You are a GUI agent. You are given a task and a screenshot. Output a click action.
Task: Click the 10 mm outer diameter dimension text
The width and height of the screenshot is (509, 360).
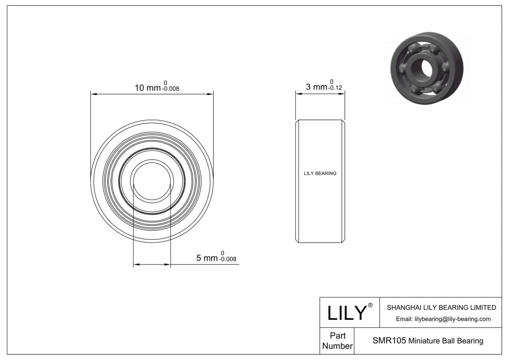click(148, 88)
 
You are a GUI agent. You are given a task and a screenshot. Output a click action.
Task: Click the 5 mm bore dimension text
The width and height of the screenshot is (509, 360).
click(207, 258)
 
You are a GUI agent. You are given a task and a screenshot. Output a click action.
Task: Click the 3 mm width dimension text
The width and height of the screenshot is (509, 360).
click(316, 87)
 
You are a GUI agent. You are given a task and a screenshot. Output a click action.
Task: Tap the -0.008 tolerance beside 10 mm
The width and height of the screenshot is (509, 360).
click(171, 89)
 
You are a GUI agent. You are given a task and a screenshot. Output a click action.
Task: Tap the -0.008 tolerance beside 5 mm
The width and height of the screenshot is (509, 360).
click(228, 259)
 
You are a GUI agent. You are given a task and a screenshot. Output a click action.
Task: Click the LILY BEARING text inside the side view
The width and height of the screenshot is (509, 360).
click(320, 173)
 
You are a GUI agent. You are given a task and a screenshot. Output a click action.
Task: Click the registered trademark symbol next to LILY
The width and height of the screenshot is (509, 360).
click(370, 305)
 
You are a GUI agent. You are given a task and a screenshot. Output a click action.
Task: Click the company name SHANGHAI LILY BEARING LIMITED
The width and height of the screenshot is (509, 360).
click(441, 308)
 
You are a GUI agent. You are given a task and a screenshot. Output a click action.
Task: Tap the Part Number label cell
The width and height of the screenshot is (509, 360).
click(337, 341)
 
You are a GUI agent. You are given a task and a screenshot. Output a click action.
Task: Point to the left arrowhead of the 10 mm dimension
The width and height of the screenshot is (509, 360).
click(93, 94)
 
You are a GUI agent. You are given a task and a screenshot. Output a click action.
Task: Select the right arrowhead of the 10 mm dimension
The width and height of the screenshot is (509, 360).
click(211, 94)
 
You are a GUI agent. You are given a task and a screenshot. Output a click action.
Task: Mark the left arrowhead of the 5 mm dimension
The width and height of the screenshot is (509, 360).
click(136, 264)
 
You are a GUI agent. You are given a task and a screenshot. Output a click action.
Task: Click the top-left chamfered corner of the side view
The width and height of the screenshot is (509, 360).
click(297, 121)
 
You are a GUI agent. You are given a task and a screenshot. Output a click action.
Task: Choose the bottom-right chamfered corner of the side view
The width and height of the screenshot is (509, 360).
click(344, 241)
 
